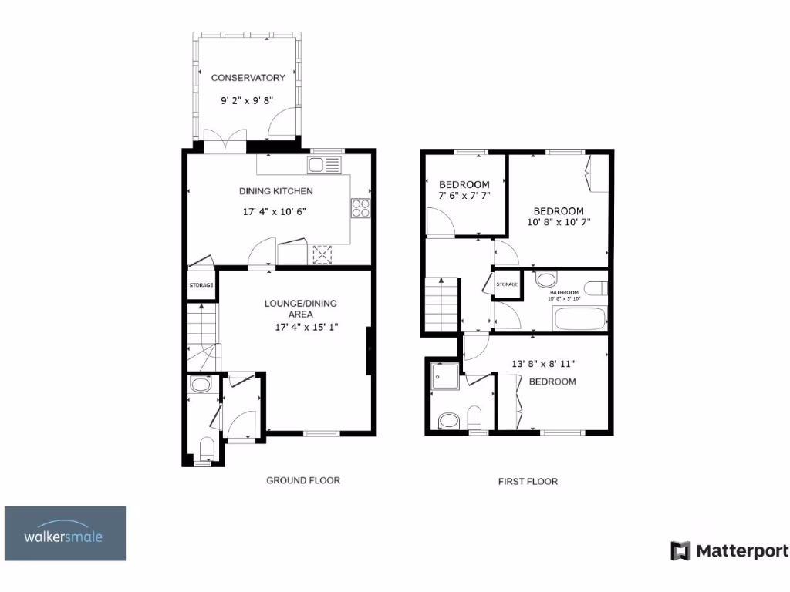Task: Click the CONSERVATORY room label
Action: pyautogui.click(x=248, y=78)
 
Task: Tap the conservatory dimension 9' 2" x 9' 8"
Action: pyautogui.click(x=248, y=100)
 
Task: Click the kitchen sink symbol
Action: pyautogui.click(x=324, y=164)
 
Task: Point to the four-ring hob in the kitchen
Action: pyautogui.click(x=361, y=208)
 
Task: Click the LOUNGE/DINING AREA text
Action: pyautogui.click(x=300, y=308)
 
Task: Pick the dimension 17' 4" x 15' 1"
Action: pyautogui.click(x=307, y=327)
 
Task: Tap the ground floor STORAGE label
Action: pyautogui.click(x=201, y=286)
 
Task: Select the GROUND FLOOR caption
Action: pyautogui.click(x=303, y=480)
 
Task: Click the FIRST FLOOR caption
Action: pyautogui.click(x=528, y=481)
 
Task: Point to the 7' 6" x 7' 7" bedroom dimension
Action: pyautogui.click(x=464, y=196)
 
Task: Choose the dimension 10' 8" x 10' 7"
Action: pyautogui.click(x=559, y=224)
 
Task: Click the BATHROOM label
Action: pyautogui.click(x=564, y=293)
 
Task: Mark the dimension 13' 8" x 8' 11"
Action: pyautogui.click(x=542, y=363)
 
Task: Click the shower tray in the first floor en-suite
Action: pyautogui.click(x=444, y=378)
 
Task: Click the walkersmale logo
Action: pyautogui.click(x=66, y=533)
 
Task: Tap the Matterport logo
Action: pyautogui.click(x=730, y=550)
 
